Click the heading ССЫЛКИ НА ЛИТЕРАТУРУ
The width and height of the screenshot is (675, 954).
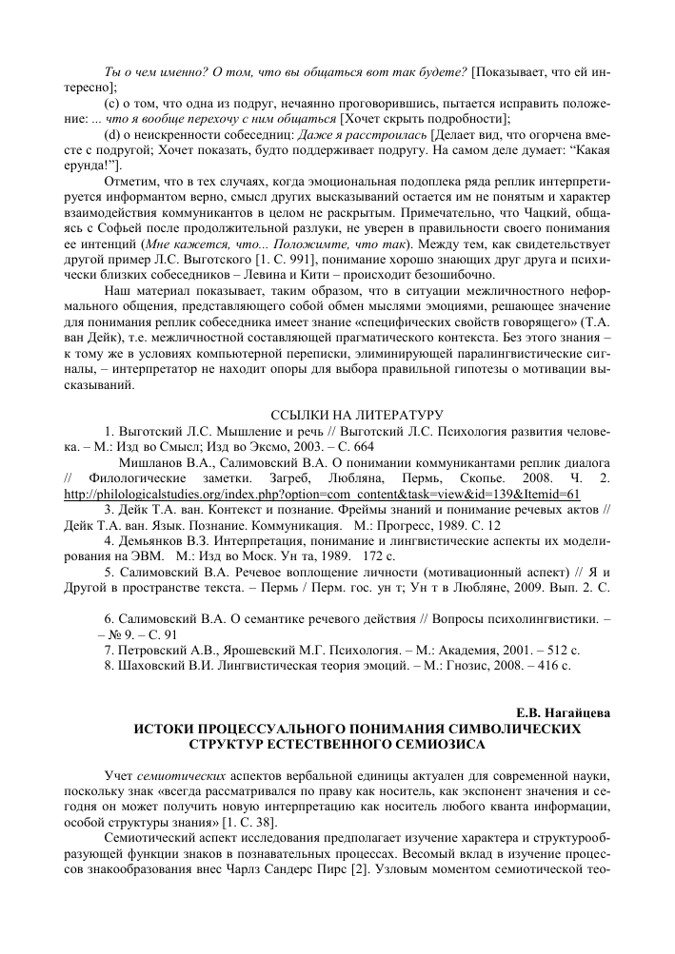point(337,414)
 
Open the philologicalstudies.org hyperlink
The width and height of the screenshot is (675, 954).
point(322,496)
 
